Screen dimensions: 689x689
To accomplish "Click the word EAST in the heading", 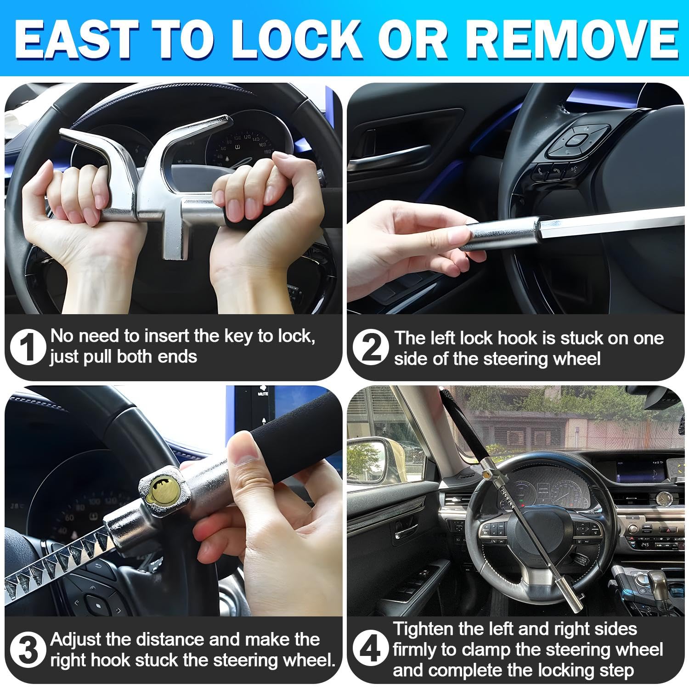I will [x=76, y=39].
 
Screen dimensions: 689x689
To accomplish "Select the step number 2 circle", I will [x=371, y=348].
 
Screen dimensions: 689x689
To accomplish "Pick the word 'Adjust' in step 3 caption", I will [x=75, y=639].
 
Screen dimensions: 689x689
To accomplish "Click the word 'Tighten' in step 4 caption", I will [x=423, y=629].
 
